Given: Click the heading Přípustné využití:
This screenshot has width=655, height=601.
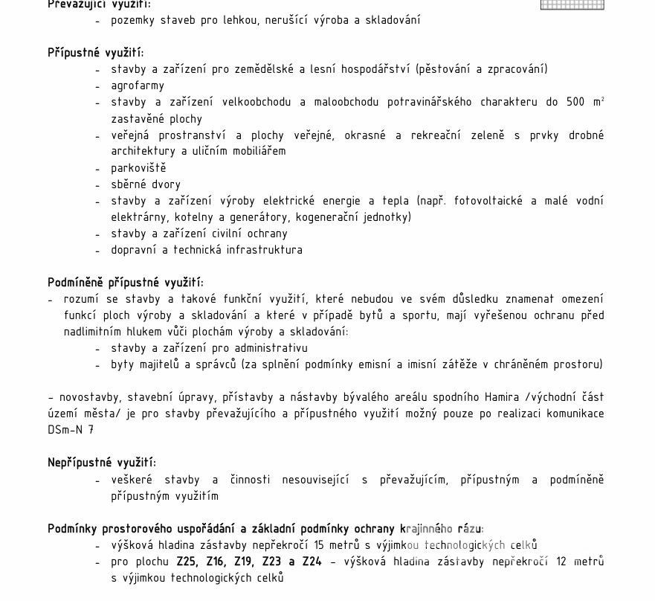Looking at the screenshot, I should (x=95, y=53).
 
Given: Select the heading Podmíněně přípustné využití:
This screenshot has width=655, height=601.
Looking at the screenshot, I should (x=125, y=283).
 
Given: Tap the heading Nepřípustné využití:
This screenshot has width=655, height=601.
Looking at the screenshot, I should (x=101, y=463).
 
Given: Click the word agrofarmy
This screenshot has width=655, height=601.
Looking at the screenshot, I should (x=138, y=86).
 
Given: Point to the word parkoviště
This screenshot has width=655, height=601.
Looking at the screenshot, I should (x=138, y=168).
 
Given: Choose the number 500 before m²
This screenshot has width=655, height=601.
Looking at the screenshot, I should (x=575, y=102).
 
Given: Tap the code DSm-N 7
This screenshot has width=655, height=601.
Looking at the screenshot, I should (x=71, y=430).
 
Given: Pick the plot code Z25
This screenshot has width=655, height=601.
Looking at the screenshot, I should (x=187, y=562).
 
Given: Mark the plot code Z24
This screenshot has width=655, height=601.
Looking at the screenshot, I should (x=312, y=562).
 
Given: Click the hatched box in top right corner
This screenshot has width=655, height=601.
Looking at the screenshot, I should (x=572, y=4).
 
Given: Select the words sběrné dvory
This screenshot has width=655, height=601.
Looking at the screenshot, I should (x=146, y=184).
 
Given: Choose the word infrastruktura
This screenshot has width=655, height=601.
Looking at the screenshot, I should (x=265, y=250).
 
